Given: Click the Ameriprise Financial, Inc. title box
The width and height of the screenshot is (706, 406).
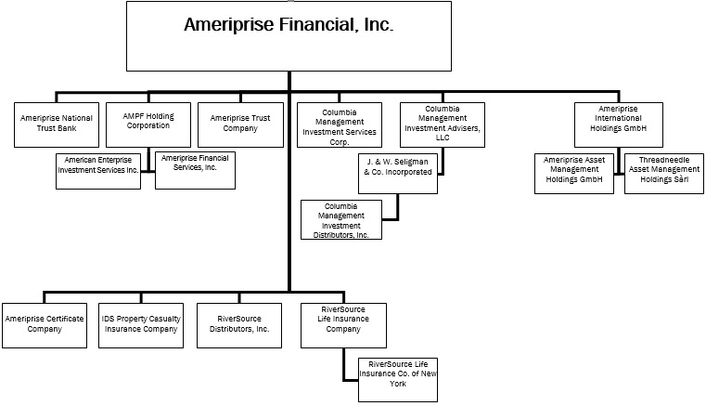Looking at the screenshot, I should (x=289, y=36).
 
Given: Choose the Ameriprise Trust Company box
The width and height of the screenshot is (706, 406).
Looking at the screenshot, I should (x=240, y=124).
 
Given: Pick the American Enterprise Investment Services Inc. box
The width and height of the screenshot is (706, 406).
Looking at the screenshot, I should (x=98, y=171).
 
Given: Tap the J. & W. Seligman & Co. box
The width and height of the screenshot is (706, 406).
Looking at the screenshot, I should (x=397, y=174).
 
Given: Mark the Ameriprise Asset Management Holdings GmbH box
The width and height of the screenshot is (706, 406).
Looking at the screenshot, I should (x=575, y=174).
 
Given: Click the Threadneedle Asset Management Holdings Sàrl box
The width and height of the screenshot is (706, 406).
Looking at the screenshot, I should (x=662, y=174).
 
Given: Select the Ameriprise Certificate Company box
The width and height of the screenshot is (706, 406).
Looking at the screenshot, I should (x=45, y=324).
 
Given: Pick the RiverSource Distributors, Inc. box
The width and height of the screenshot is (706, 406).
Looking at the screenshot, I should (x=240, y=324).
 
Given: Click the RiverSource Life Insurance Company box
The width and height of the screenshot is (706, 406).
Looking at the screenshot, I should (x=342, y=324).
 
